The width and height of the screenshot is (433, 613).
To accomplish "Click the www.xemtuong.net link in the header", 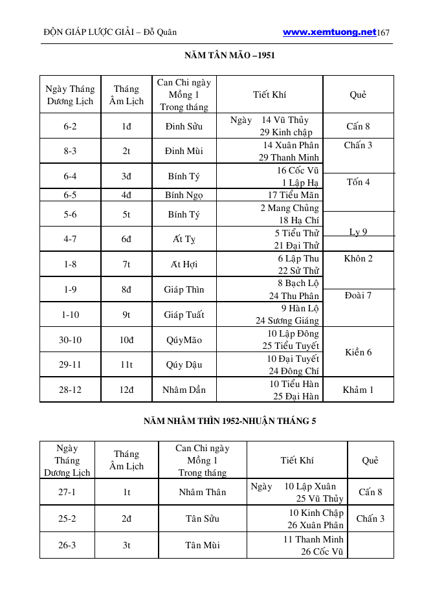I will [x=329, y=32].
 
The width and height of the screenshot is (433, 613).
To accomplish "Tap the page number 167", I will [x=383, y=32].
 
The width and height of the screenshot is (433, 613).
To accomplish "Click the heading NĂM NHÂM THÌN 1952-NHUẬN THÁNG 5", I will [x=230, y=421].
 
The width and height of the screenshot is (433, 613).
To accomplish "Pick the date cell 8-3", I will [x=70, y=151].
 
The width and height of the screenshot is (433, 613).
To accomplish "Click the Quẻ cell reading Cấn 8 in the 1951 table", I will [x=358, y=126].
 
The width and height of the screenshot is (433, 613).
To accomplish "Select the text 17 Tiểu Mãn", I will [x=293, y=194].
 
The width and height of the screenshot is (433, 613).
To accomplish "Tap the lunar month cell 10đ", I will [x=126, y=339].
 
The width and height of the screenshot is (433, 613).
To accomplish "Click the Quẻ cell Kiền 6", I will [x=358, y=352].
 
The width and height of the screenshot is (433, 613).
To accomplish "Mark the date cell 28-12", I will [x=70, y=390].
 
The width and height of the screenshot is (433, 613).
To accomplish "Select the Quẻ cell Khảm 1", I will [x=358, y=390].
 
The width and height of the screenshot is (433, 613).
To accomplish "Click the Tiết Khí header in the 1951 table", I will [x=269, y=95].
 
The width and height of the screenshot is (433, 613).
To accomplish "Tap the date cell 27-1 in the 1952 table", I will [x=67, y=492].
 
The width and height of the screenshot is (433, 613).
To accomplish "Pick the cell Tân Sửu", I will [x=202, y=518].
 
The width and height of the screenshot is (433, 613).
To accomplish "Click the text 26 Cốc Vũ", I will [x=322, y=552].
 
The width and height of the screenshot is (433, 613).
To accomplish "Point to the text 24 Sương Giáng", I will [x=287, y=320].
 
